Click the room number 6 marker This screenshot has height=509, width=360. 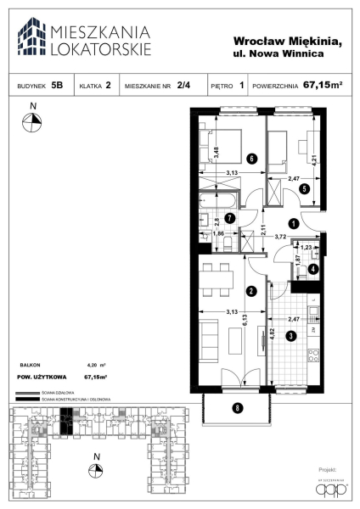click(x=250, y=158)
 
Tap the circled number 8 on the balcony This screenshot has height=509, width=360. click(x=238, y=408)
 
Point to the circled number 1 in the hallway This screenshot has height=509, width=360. click(x=293, y=223)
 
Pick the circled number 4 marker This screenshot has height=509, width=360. click(x=313, y=269)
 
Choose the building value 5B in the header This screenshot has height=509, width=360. click(x=57, y=86)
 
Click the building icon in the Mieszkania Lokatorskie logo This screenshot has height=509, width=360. click(x=34, y=37)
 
